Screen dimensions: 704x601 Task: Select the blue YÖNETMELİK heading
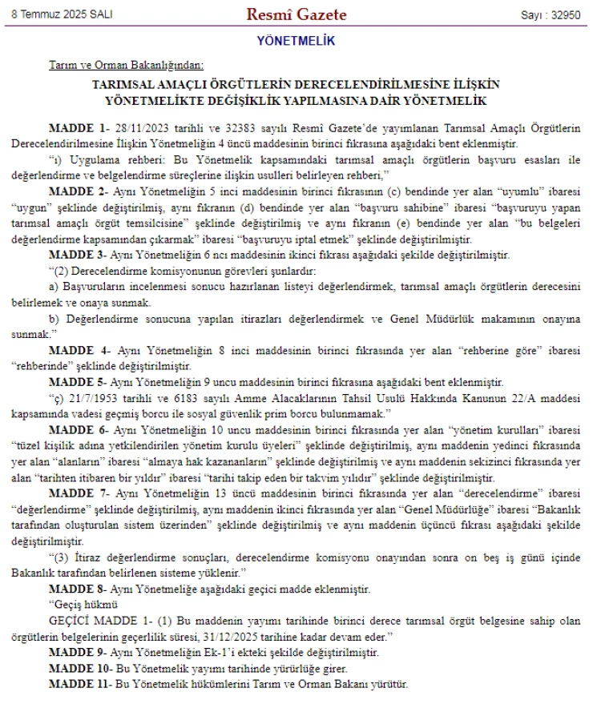[x=296, y=40]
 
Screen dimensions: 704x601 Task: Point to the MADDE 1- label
[x=79, y=129]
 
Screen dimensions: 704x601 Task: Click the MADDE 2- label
[x=79, y=193]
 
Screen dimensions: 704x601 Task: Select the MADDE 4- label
[x=79, y=350]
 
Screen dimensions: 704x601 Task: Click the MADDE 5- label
[x=79, y=381]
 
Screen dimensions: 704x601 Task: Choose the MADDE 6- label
[x=79, y=428]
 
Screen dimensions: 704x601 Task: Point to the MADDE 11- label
[x=81, y=684]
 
